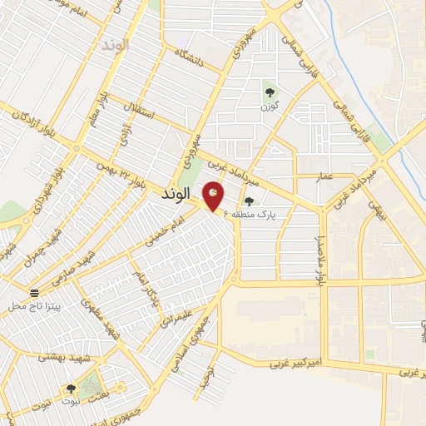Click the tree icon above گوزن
click(x=269, y=92)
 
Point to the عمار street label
click(x=326, y=176)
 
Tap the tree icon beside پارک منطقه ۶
click(x=248, y=201)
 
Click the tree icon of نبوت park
click(x=70, y=388)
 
